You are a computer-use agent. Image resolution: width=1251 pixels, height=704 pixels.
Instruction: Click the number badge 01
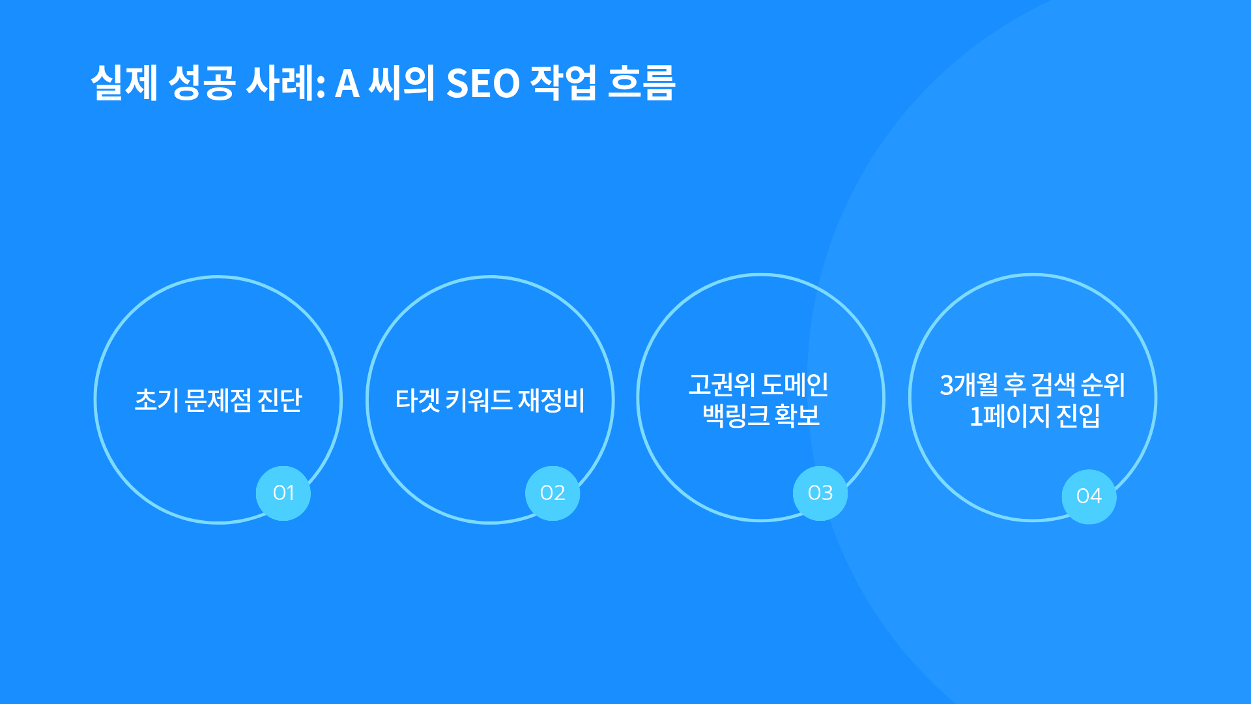283,493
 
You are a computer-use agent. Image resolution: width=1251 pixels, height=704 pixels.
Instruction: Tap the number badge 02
553,493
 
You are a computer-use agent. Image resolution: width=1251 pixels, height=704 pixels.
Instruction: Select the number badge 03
820,493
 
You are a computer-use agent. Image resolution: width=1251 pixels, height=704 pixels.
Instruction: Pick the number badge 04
1089,496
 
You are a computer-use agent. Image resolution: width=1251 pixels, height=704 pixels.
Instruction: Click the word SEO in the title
483,83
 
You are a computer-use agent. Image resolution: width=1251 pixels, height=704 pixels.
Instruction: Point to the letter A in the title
347,84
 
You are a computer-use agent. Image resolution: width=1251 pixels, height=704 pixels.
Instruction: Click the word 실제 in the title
124,83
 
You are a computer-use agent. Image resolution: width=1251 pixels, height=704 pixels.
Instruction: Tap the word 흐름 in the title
641,83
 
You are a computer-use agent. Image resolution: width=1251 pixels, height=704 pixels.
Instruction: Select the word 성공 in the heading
201,83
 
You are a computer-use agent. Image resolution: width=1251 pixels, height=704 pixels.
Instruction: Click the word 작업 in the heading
563,83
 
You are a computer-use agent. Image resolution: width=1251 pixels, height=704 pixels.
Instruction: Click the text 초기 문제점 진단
218,400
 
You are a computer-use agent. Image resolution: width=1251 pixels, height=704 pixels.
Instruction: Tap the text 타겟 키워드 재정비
490,400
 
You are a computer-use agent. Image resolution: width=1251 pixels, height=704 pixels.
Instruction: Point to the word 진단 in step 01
280,400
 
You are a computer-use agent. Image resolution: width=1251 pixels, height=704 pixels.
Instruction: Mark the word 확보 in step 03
798,415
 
